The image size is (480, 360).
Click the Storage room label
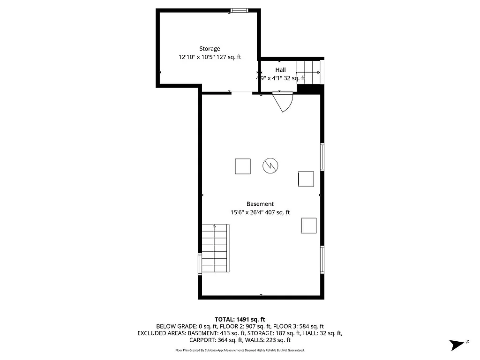point(210,49)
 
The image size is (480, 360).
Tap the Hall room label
point(280,70)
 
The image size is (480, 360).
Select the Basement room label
point(260,204)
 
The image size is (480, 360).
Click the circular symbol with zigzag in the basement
point(270,165)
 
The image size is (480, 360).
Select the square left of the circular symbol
point(243,166)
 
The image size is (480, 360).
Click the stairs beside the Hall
point(309,72)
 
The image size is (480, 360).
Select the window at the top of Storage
point(239,10)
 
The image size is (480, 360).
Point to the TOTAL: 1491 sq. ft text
point(240,319)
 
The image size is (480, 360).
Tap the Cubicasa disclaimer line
point(240,350)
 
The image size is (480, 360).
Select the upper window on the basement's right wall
point(322,157)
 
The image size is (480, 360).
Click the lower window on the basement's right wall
point(322,260)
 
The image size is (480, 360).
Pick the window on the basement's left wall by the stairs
point(200,264)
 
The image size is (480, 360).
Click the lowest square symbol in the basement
point(308,225)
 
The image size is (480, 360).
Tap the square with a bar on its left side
point(306,179)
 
